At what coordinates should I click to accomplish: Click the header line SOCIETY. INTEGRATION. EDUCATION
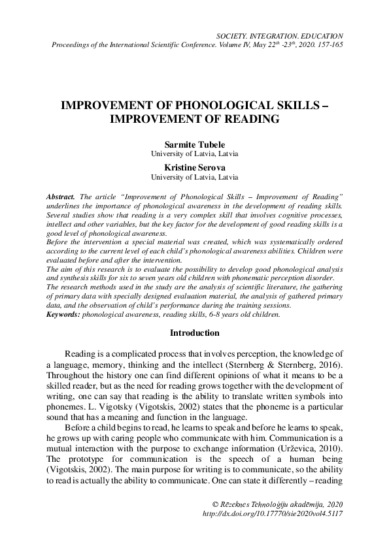click(x=281, y=35)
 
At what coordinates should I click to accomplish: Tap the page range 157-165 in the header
click(x=327, y=44)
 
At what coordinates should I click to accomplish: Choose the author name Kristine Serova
click(x=194, y=167)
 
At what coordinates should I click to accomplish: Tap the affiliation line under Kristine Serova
click(x=194, y=176)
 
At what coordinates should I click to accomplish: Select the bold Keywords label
click(x=63, y=314)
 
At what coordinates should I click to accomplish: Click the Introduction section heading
click(x=194, y=333)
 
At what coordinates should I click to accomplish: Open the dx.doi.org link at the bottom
click(x=273, y=514)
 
